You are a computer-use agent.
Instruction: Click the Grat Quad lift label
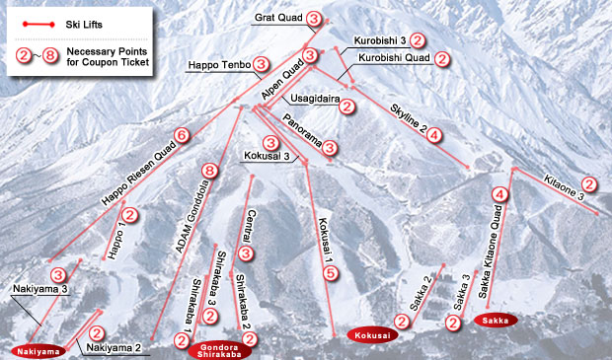tap(277, 18)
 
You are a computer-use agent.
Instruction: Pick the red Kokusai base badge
tap(371, 335)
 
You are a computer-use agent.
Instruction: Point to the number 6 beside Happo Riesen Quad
tap(181, 135)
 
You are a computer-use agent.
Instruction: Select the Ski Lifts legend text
tap(86, 21)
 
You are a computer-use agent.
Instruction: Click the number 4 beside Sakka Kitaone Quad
tap(500, 195)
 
